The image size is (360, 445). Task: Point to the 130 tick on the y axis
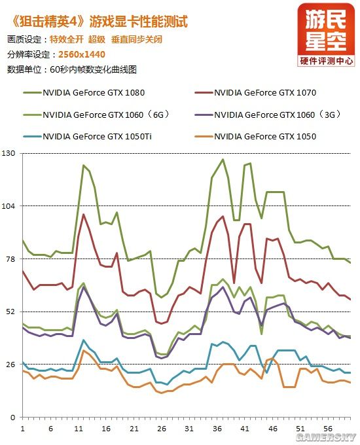click(x=9, y=153)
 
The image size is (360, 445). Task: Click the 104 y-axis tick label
click(x=9, y=205)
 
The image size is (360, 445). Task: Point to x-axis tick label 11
click(x=79, y=429)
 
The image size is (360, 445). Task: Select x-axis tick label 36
click(x=217, y=429)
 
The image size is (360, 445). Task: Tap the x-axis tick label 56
click(x=327, y=429)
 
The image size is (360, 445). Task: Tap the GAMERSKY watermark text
click(x=325, y=436)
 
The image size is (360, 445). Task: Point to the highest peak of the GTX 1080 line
click(x=223, y=159)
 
